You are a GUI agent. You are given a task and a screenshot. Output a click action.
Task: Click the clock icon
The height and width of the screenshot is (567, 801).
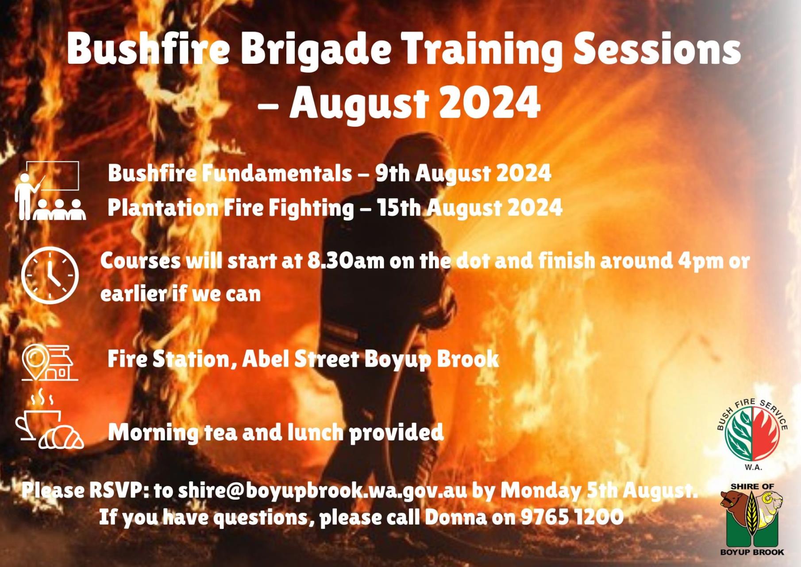(x=50, y=275)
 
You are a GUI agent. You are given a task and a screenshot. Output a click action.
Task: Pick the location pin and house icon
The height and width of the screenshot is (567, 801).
(x=50, y=363)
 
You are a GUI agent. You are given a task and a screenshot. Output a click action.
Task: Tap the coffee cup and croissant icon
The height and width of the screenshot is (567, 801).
(x=50, y=419)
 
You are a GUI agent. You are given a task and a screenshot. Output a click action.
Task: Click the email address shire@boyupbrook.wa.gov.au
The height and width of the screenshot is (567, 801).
(x=322, y=491)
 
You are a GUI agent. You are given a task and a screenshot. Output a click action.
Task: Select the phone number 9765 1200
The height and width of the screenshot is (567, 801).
(x=572, y=517)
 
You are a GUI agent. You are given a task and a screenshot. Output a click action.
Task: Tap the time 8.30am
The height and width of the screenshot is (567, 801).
(x=346, y=261)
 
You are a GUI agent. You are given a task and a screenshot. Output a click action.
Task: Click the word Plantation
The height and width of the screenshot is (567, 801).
(x=163, y=208)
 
